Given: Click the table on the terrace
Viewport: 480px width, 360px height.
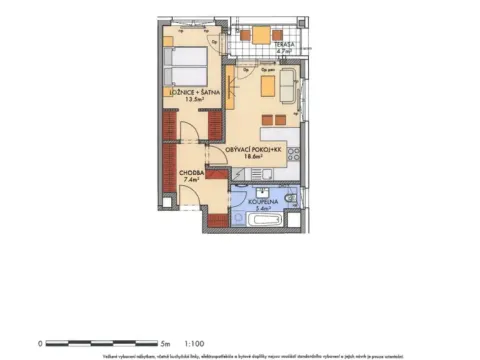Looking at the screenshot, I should pos(260,36).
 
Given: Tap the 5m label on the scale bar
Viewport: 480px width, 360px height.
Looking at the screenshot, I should pos(167,342).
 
